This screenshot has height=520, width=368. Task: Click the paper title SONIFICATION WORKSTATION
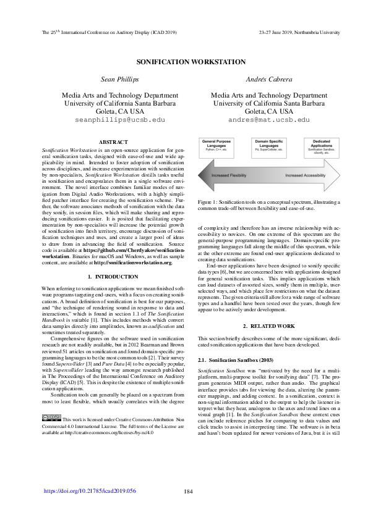coord(184,62)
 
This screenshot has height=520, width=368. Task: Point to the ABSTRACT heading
coord(113,142)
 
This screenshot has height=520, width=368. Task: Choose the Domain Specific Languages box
coord(268,146)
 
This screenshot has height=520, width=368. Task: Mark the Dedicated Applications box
coord(320,146)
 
